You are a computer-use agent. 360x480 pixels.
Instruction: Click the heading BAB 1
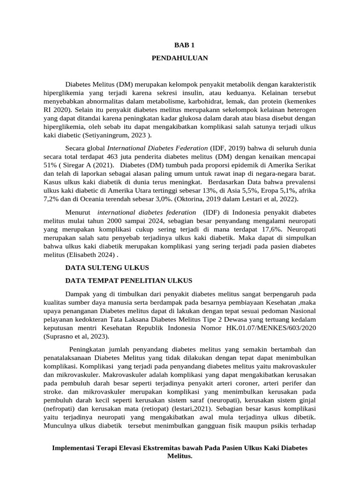180,45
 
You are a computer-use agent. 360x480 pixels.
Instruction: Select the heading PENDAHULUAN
180,58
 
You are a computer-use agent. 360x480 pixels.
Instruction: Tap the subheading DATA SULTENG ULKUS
107,267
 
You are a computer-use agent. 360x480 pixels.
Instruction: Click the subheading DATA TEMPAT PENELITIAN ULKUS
128,280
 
